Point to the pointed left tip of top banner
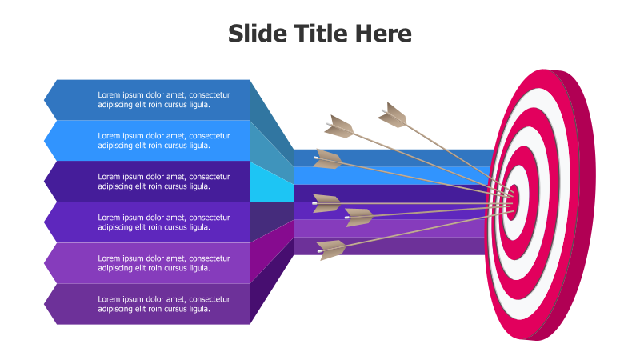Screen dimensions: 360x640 [x=46, y=100]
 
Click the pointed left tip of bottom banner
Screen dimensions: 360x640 [x=46, y=304]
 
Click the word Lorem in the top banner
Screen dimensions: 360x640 [x=109, y=94]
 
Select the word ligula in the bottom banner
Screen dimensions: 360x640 [x=198, y=309]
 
